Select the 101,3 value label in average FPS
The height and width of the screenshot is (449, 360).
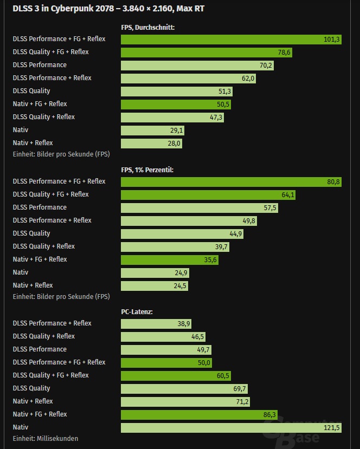coord(331,40)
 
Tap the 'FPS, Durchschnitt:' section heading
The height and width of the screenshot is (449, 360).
coord(147,27)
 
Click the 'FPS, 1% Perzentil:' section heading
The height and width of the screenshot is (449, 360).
coord(147,170)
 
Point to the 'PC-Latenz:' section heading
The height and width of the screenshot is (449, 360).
coord(137,311)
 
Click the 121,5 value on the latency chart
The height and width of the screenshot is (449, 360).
coord(331,428)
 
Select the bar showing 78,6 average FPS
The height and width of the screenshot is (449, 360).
coord(206,53)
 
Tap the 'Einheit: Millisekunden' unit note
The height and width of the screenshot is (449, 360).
coord(46,438)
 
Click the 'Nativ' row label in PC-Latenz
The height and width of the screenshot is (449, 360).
coord(21,427)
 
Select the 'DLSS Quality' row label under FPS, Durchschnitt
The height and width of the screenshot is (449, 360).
coord(31,90)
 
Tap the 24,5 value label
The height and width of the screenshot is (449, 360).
coord(180,286)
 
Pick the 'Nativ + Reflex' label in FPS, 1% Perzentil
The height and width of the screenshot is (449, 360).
coord(33,285)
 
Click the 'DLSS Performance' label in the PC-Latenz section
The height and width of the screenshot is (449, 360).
coord(40,349)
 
